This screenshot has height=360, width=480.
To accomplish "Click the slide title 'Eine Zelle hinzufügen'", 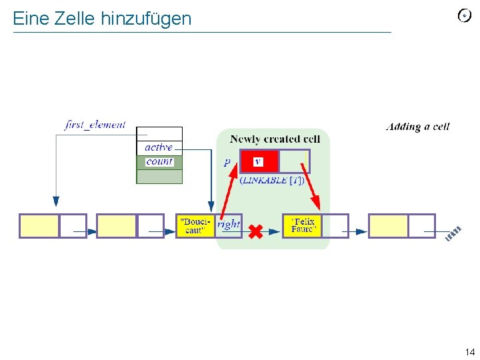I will [x=102, y=18].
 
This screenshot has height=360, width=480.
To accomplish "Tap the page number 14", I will [x=469, y=352].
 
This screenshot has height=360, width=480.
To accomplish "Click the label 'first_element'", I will [x=95, y=125].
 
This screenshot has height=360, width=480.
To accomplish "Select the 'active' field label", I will [x=159, y=147].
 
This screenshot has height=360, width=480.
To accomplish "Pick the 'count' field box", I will [x=159, y=162].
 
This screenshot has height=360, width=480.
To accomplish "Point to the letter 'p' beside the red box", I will [x=227, y=162].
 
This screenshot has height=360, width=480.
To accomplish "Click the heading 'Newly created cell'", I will [x=275, y=139].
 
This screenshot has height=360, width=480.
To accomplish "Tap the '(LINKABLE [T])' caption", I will [x=272, y=180].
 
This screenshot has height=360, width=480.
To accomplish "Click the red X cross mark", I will [x=255, y=231].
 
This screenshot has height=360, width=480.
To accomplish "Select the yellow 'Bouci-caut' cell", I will [x=195, y=226].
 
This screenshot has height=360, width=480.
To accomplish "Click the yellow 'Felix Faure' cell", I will [x=303, y=226].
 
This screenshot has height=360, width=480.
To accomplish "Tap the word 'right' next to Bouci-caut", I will [x=228, y=224].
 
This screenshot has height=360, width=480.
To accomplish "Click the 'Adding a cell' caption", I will [x=417, y=127].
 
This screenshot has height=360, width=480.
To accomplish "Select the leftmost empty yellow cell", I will [x=39, y=226].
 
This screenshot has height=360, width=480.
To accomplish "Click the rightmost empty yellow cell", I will [x=388, y=226].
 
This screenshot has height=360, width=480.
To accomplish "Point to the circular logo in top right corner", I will [x=464, y=16].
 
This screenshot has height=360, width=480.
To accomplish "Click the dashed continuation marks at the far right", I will [x=453, y=234].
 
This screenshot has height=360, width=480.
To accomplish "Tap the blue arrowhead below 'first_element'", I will [x=56, y=201].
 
